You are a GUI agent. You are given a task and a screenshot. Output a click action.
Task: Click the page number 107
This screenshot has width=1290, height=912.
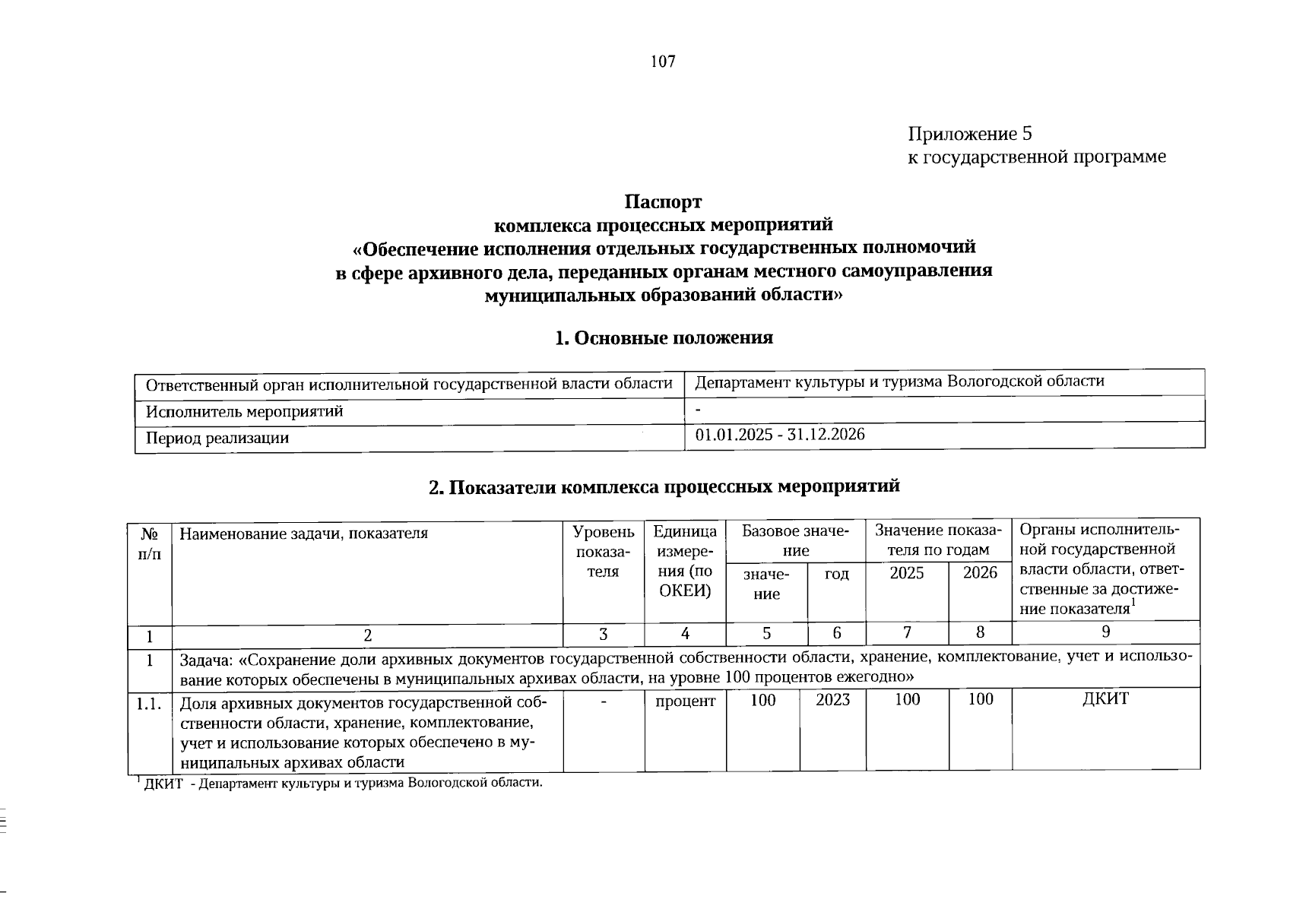(663, 62)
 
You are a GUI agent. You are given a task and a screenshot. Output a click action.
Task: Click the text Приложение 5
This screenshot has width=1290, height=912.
(970, 135)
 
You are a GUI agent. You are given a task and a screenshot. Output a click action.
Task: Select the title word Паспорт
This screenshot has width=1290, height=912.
(663, 202)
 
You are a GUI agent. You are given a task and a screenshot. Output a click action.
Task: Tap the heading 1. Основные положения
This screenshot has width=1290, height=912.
(664, 338)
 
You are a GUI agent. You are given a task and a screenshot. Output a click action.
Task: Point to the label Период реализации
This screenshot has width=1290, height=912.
(217, 439)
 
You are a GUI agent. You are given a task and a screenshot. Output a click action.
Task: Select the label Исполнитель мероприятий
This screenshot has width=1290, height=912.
(244, 412)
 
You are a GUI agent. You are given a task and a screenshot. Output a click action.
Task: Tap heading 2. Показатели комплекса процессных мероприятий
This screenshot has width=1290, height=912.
(664, 486)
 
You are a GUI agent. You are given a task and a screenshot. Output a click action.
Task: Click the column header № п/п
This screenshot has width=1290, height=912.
(150, 543)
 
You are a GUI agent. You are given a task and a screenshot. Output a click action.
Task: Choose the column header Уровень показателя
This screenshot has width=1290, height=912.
(603, 552)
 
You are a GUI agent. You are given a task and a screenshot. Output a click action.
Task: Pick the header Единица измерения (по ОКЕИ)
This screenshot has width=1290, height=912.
(685, 561)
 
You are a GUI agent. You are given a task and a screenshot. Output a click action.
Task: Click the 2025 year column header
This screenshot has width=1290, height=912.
(906, 573)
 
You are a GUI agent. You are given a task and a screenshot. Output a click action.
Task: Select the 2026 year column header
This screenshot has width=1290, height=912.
(980, 573)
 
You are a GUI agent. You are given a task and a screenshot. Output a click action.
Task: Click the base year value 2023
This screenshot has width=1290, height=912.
(832, 700)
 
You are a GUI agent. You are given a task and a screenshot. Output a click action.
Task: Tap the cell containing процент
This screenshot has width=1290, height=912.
(685, 701)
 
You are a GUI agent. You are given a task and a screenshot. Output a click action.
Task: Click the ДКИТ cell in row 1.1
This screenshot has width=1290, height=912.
(1105, 699)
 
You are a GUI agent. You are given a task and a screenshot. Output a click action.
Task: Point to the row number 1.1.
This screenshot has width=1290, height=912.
(149, 705)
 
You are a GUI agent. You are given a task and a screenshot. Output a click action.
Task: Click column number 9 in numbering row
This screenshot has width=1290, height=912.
(1106, 632)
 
